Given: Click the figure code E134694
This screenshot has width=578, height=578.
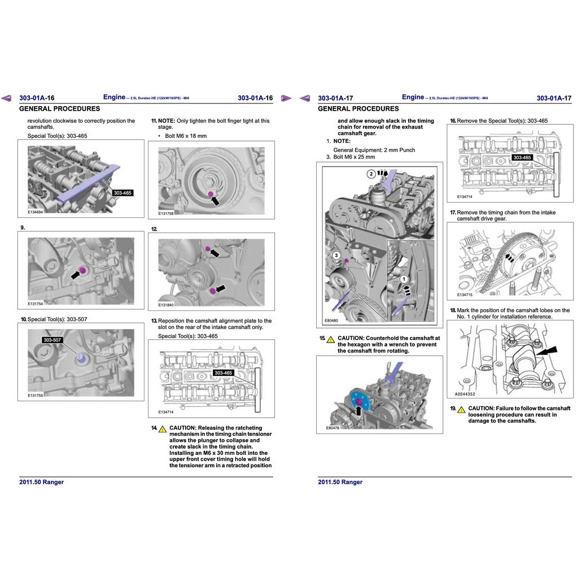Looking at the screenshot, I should pos(36,212).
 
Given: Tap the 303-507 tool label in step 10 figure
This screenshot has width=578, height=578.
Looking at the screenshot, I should pos(52,340).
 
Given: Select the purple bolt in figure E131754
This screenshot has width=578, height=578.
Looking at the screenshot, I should pos(83,271).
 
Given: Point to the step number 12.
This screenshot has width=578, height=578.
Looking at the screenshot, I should pos(154,229).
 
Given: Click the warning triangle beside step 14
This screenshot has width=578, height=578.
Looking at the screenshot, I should pos(162,429).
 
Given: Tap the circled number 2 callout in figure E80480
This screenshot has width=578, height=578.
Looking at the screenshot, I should pos(371,174).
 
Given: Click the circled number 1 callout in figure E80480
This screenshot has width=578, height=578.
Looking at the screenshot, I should pos(404,279).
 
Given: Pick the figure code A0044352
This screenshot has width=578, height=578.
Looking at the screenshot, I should pos(466,395).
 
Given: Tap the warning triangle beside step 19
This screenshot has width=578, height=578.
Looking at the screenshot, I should pos(461,409).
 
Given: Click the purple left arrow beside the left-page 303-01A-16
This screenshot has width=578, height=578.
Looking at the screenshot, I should pos(6,98).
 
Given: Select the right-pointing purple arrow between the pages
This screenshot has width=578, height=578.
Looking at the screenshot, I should pos(286,98).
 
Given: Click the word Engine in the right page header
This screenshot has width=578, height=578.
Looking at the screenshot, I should pos(413,97).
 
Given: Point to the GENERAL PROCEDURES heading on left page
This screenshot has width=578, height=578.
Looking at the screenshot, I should pos(59,109).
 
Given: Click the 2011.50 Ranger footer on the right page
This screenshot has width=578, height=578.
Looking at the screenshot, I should pos(340,482).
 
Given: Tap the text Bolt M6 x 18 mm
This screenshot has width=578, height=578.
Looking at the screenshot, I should pos(186,136).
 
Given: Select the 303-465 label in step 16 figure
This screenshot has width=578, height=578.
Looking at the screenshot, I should pos(523,157).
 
